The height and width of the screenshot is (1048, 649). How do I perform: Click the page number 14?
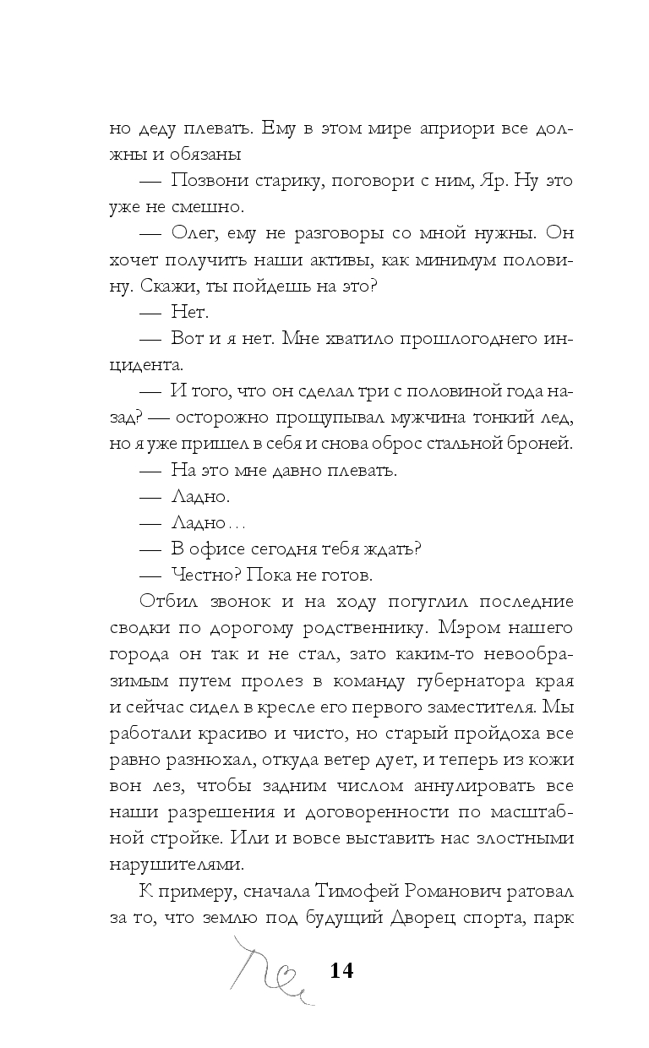pos(341,970)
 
